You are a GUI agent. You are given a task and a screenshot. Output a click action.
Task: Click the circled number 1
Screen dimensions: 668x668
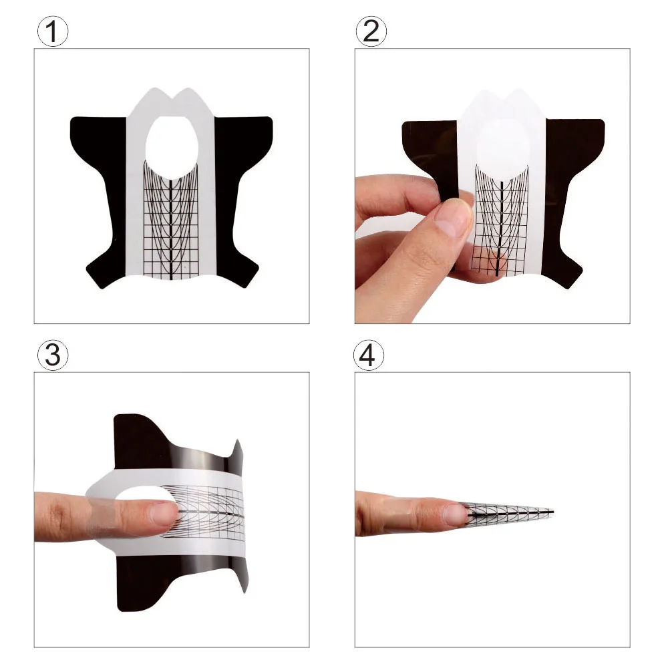point(52,31)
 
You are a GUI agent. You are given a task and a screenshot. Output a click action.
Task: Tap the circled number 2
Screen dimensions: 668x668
point(371,31)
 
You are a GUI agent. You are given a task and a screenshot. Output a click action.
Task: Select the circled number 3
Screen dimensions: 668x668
point(52,355)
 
